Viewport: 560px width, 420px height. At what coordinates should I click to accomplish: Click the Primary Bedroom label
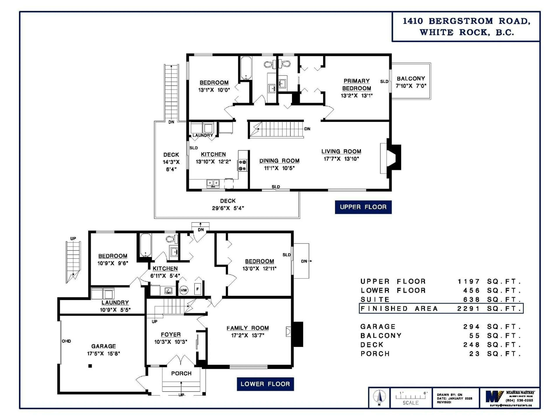(x=356, y=85)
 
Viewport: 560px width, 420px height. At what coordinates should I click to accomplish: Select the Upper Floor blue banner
(x=363, y=207)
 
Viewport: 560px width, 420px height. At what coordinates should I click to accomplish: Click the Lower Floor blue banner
(x=265, y=384)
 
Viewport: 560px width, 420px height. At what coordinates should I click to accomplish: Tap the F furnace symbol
(x=198, y=289)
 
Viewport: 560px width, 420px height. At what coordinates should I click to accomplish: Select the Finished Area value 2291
(x=468, y=309)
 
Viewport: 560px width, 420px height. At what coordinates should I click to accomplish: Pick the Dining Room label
(x=279, y=161)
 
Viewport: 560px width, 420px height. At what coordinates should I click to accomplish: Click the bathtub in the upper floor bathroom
(x=246, y=68)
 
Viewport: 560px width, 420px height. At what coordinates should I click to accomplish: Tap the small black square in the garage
(x=90, y=366)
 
